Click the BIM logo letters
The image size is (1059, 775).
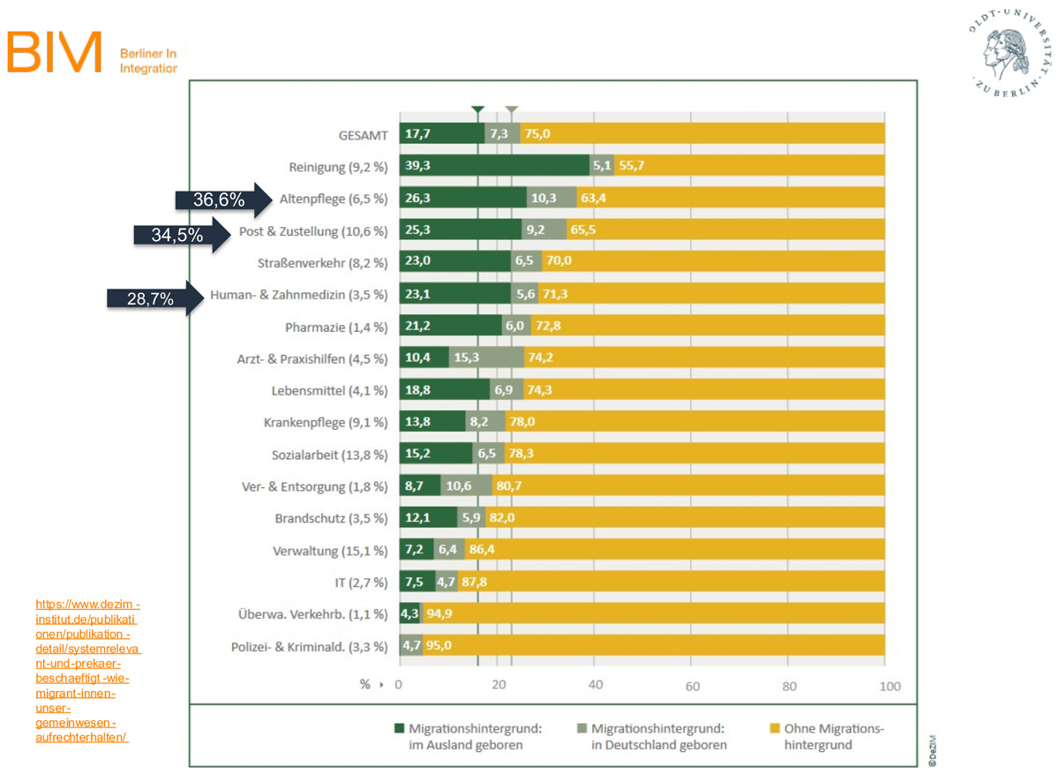pyautogui.click(x=55, y=52)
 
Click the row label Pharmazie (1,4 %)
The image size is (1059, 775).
pyautogui.click(x=336, y=327)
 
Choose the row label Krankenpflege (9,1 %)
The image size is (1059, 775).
pyautogui.click(x=326, y=423)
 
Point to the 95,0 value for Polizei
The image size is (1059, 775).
pyautogui.click(x=439, y=646)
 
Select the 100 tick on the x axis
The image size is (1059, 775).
pyautogui.click(x=889, y=686)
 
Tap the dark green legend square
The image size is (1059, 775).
pyautogui.click(x=400, y=729)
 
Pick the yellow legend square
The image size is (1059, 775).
pyautogui.click(x=773, y=729)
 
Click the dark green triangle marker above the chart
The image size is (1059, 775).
pyautogui.click(x=477, y=110)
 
